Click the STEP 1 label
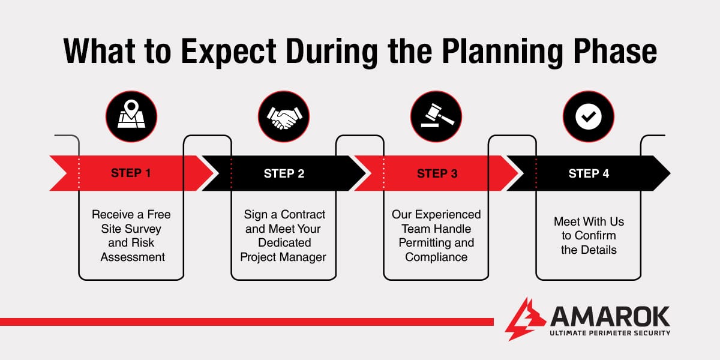tap(131, 173)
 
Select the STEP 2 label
tap(284, 173)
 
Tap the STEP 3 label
tap(437, 173)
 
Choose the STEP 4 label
tap(589, 173)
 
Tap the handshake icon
tap(284, 116)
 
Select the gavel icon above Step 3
tap(436, 116)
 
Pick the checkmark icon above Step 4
tap(588, 116)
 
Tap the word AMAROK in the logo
tap(610, 316)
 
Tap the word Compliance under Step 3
tap(436, 257)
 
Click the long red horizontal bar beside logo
tap(246, 322)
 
